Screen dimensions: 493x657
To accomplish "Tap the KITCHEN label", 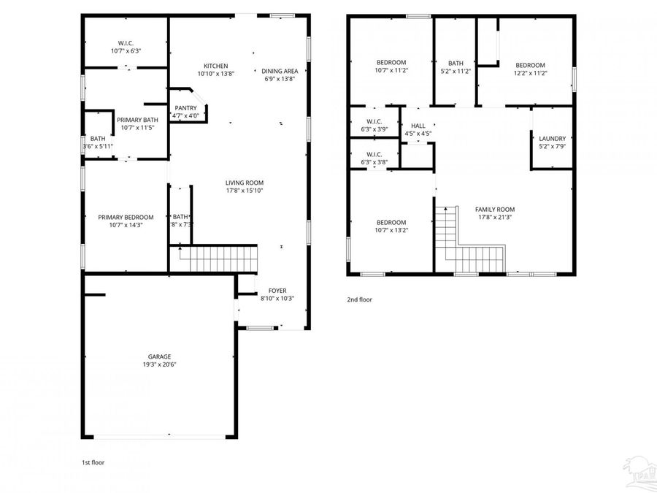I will (215, 66).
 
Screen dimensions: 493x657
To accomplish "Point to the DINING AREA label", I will (280, 71).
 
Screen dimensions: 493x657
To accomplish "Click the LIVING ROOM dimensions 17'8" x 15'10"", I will (244, 191).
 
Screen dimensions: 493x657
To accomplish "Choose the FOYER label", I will (277, 291).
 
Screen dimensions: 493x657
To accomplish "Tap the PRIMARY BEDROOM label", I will (126, 217).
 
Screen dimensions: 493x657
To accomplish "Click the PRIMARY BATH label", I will (137, 120).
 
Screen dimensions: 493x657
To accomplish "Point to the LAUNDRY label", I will (552, 139).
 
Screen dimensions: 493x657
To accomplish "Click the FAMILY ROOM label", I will (495, 209).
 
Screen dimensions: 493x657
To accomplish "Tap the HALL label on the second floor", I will (418, 126).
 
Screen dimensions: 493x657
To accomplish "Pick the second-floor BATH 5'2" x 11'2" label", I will (456, 64).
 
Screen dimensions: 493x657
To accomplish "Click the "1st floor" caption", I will (93, 462).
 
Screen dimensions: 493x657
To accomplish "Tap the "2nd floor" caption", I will (359, 299).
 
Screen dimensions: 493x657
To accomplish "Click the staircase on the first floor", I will (219, 259).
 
